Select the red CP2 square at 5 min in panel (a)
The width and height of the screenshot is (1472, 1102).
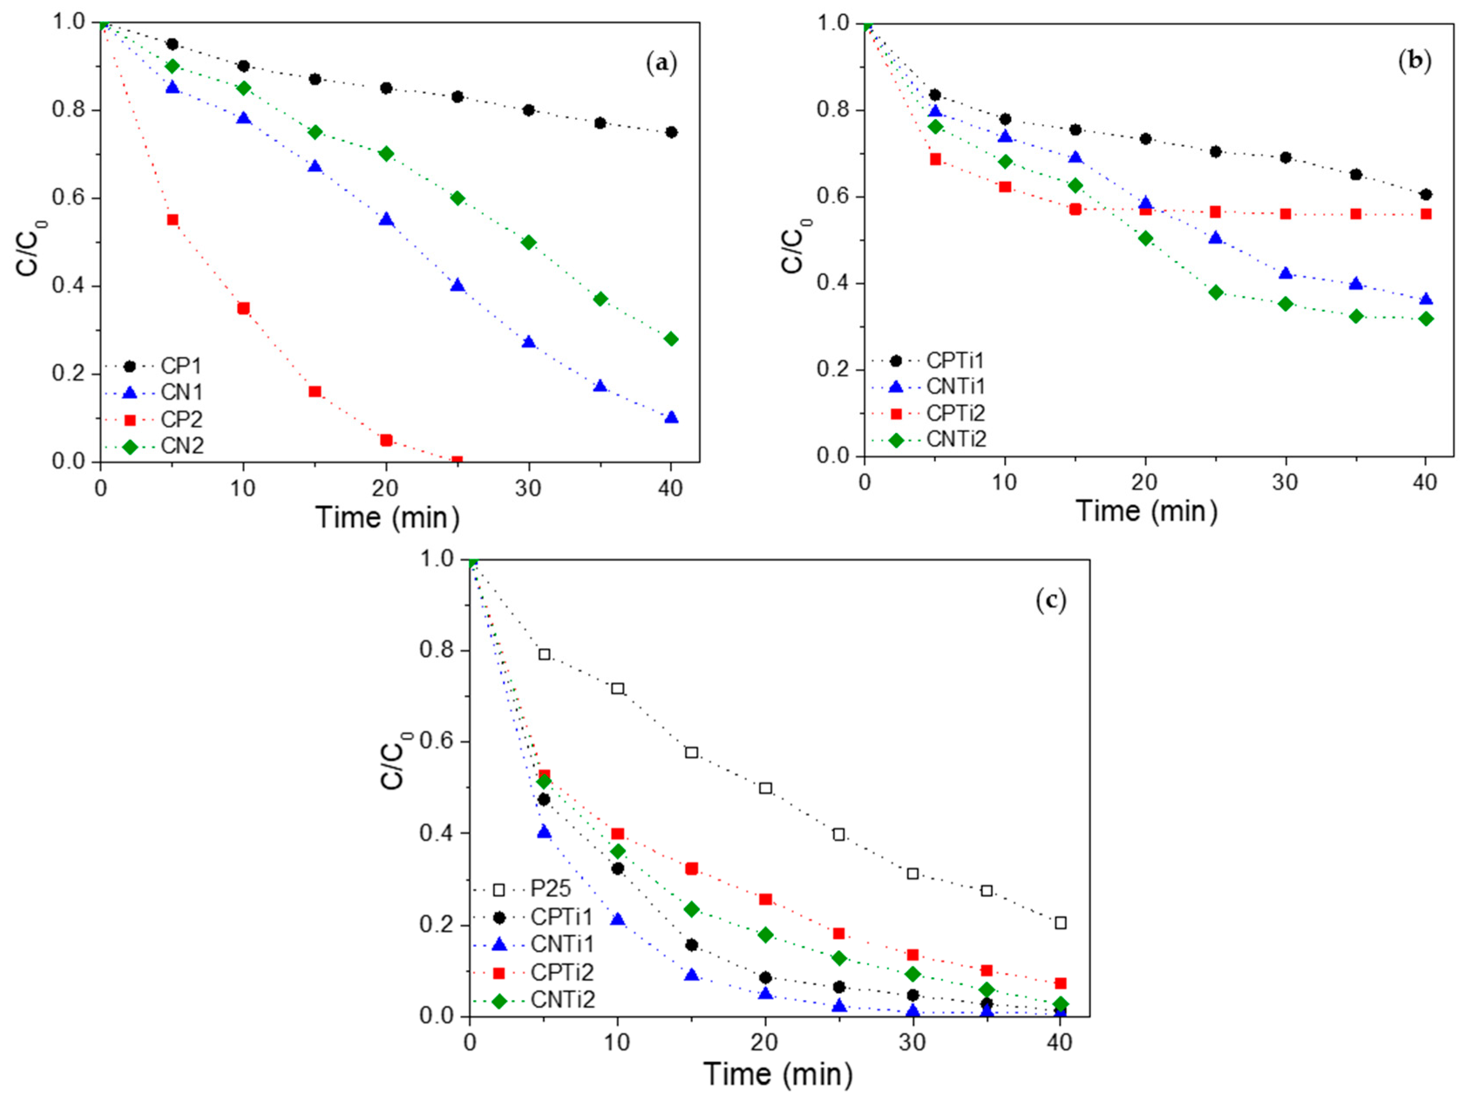coord(173,220)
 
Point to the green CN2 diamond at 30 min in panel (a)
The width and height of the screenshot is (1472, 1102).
coord(529,242)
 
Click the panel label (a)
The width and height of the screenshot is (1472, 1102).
coord(661,64)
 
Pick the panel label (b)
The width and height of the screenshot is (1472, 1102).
coord(1415,61)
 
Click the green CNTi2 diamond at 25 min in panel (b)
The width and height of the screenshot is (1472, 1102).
coord(1216,292)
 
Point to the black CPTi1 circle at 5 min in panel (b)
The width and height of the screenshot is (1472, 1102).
coord(935,95)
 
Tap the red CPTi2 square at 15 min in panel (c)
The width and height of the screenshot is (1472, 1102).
coord(692,868)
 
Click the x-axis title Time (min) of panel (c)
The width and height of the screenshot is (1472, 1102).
coord(777,1074)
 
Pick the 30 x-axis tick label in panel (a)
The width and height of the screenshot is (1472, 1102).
coord(529,489)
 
